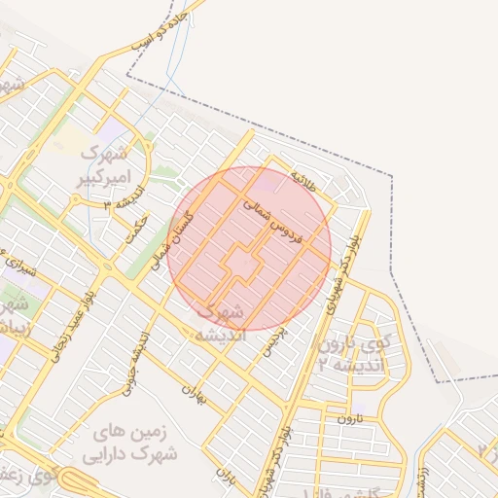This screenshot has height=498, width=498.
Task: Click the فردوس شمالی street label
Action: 275,220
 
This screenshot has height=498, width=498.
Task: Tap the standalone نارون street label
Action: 349,418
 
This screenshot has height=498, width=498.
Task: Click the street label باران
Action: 227,478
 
